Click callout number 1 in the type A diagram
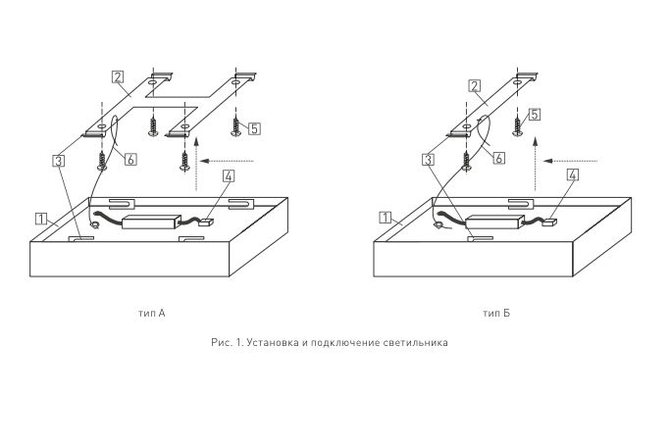tap(41, 219)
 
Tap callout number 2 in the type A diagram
tap(118, 76)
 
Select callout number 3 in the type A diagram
tap(59, 161)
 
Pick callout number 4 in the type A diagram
tap(229, 176)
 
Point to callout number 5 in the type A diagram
tap(254, 128)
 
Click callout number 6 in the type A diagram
tap(130, 160)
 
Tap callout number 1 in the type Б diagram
tap(385, 218)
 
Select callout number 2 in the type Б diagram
tap(475, 86)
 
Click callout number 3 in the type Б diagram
tap(428, 160)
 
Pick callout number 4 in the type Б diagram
tap(573, 174)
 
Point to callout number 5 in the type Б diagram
tap(534, 115)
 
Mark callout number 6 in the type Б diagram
tap(498, 158)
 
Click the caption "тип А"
tap(152, 313)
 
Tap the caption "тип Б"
tap(496, 313)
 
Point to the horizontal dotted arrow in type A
tap(227, 161)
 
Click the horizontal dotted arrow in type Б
tap(571, 161)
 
